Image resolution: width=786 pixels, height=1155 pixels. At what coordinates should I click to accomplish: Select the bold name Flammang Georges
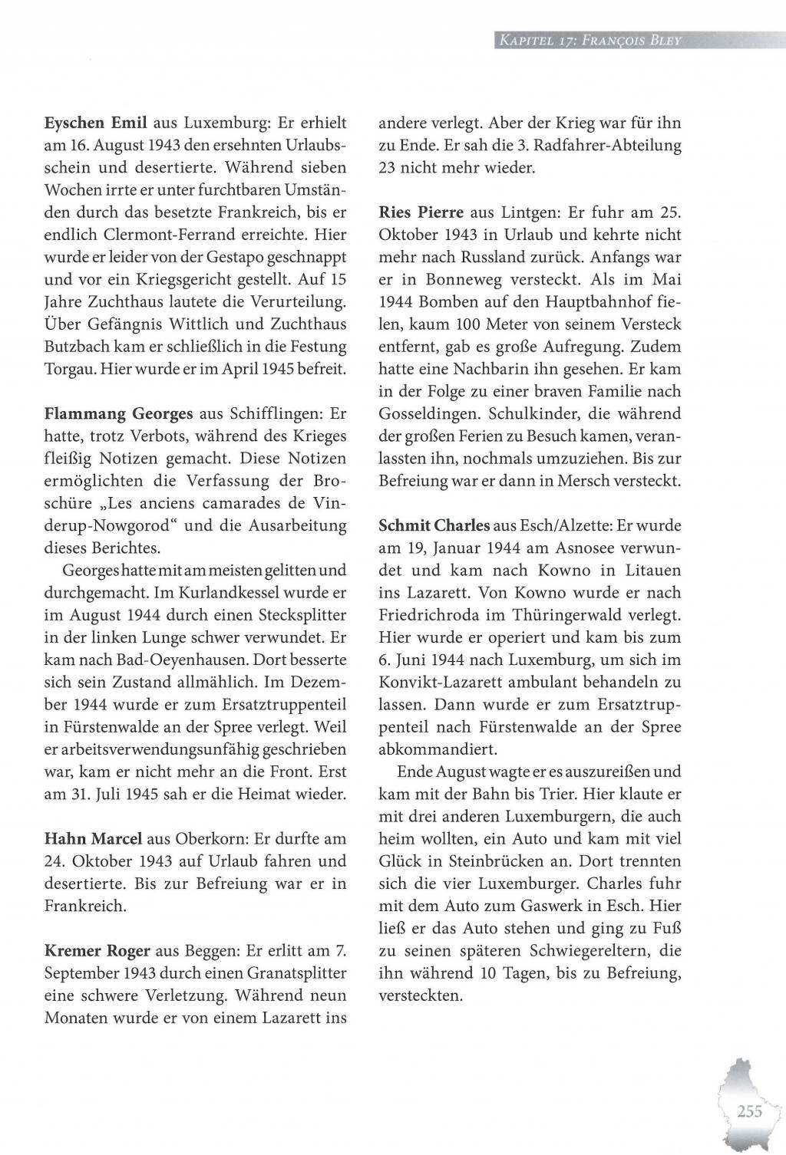coord(119,414)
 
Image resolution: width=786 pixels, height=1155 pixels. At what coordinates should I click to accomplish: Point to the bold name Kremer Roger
coord(97,952)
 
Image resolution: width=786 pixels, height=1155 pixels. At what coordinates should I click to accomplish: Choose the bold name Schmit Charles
coord(434,526)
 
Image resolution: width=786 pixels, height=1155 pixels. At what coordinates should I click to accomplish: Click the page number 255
coord(748,1112)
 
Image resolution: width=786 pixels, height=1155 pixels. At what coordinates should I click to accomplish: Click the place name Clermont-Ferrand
coord(176,235)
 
